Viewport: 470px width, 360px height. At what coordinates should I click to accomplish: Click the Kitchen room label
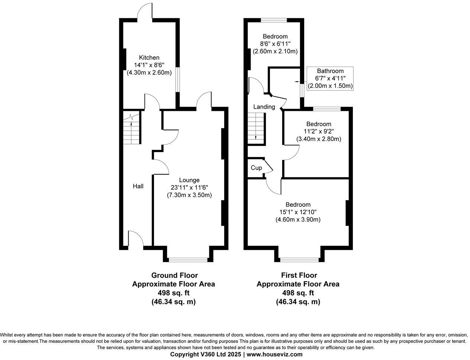coord(149,58)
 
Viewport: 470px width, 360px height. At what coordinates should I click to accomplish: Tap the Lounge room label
coord(190,180)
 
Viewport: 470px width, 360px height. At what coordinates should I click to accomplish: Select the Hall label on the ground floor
coord(138,186)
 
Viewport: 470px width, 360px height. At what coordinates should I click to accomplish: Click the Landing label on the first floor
coord(264,107)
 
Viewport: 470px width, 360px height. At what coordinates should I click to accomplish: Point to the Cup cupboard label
coord(256,168)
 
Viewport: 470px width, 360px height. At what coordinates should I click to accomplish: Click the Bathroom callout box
coord(330,78)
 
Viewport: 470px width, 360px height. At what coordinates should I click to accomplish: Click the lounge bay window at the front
coord(188,259)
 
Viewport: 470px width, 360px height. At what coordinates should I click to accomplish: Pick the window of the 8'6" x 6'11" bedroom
coord(274,20)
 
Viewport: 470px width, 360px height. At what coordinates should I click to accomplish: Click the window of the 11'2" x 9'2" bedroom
coord(327,109)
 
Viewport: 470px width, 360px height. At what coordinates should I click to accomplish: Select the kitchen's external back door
coord(145,11)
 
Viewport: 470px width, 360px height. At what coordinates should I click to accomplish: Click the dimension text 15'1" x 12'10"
coord(298,212)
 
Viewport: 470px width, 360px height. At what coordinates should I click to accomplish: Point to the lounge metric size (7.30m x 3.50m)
coord(190,195)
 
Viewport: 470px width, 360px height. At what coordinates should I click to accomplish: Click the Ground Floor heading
coord(174,276)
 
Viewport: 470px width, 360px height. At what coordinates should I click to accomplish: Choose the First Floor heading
coord(299,276)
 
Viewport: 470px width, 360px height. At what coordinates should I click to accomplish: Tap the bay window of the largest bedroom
coord(300,259)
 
